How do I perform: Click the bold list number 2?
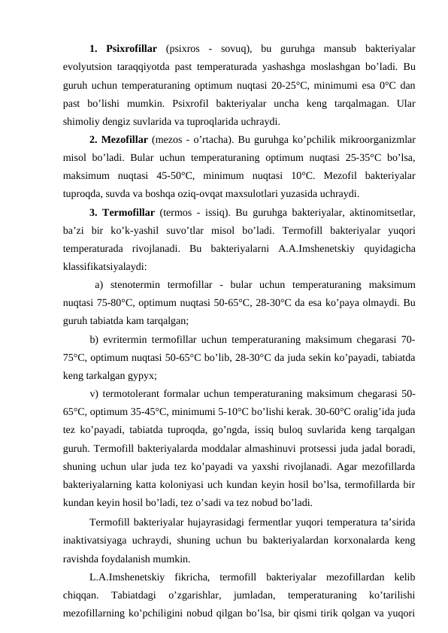click(x=94, y=139)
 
